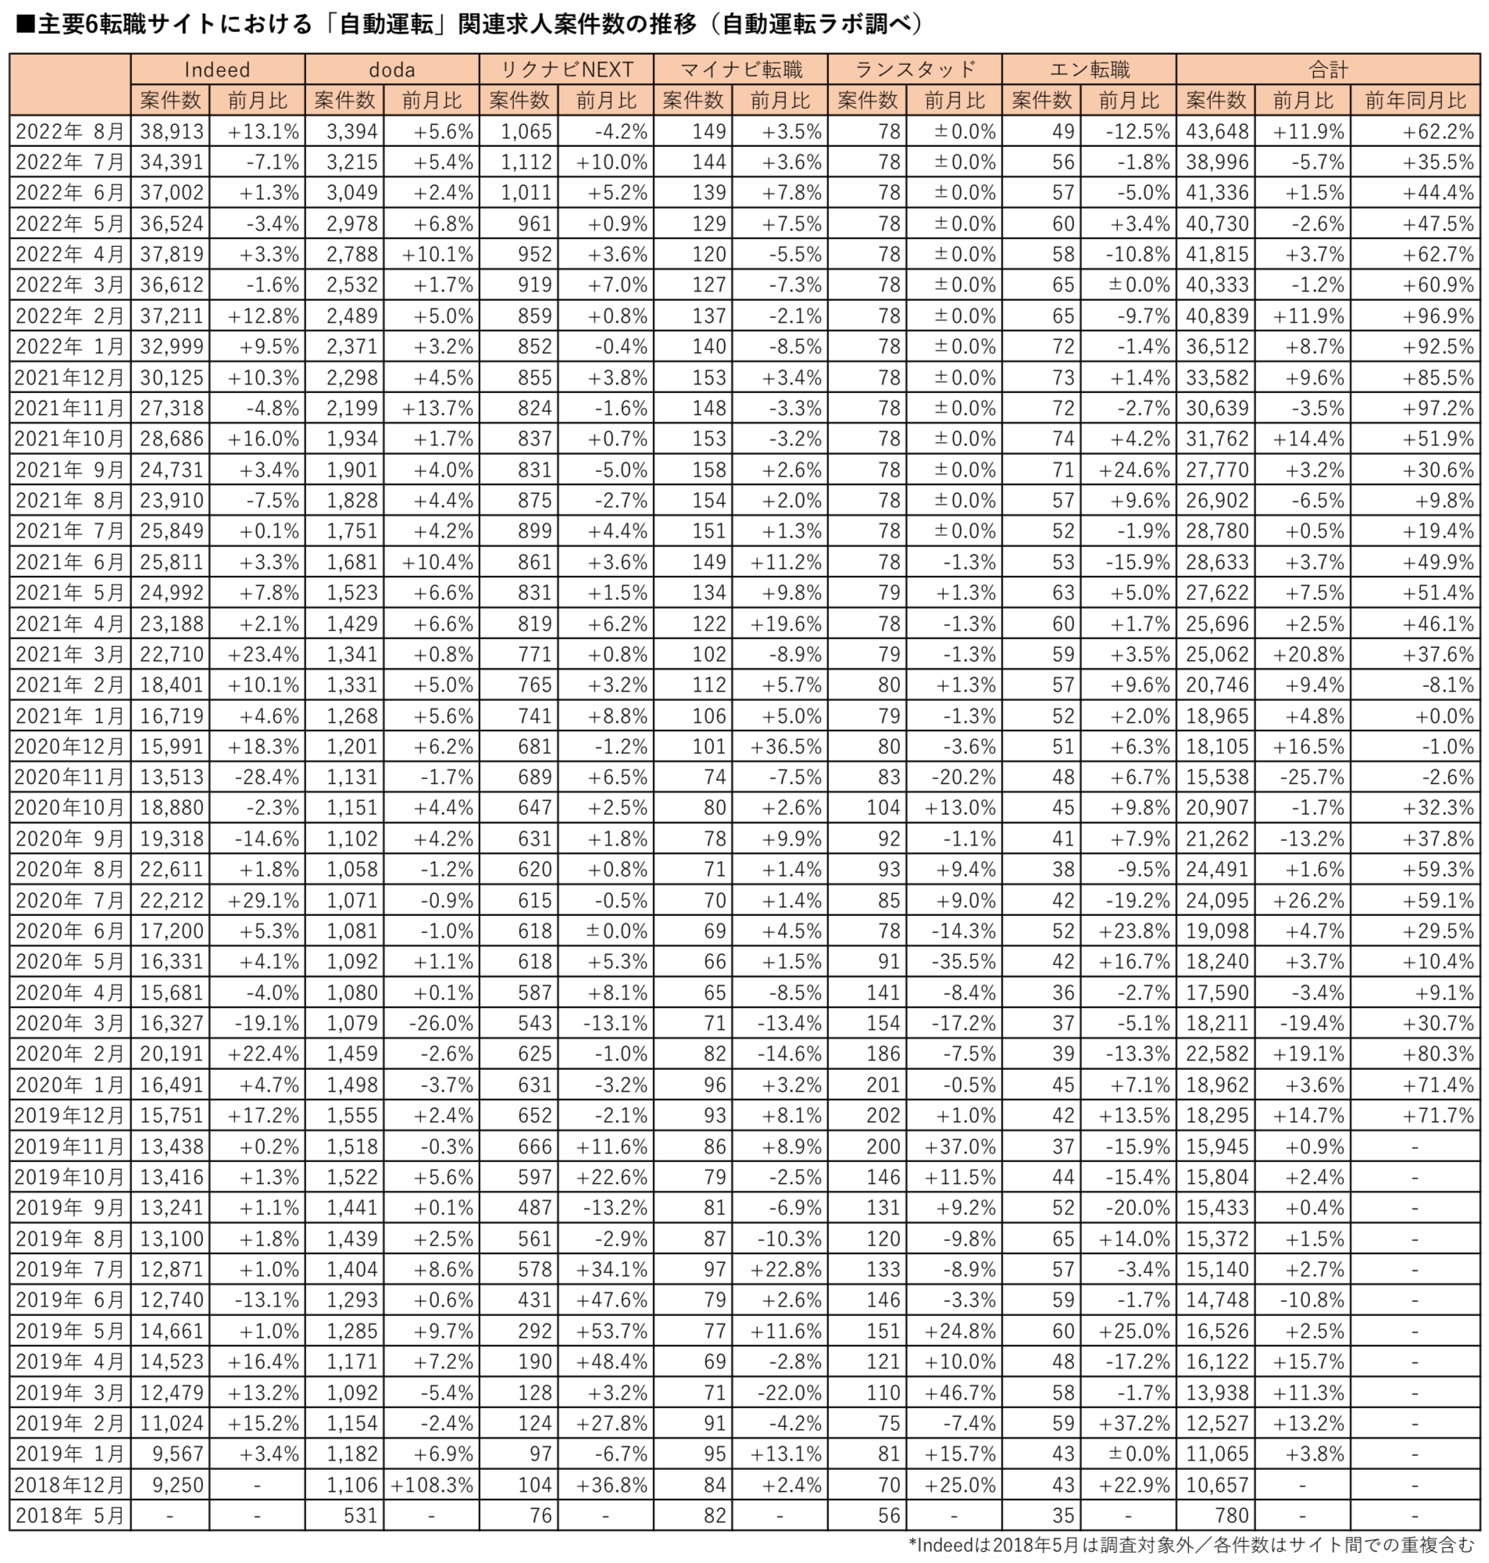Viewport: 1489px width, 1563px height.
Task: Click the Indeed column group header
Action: coord(216,70)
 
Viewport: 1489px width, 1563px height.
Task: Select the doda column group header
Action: coord(391,70)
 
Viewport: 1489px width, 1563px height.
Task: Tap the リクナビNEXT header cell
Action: coord(566,70)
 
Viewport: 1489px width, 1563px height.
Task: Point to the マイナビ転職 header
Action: coord(741,70)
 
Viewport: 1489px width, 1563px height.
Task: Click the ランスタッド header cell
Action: coord(914,70)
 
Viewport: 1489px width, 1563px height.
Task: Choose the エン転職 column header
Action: coord(1089,70)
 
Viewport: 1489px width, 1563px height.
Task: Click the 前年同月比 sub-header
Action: coord(1416,101)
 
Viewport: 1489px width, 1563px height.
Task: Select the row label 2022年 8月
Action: coord(70,132)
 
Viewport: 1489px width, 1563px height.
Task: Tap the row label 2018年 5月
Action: coord(70,1515)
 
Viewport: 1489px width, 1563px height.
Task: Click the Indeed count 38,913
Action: coord(171,132)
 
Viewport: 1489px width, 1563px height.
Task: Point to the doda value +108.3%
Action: coord(431,1484)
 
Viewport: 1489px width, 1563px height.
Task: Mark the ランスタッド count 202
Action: coord(883,1115)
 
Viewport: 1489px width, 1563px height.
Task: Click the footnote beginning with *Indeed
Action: coord(1191,1545)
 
